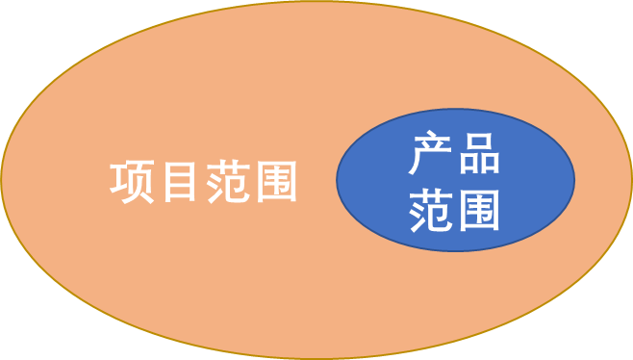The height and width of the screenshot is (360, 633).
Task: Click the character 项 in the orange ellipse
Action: (x=132, y=181)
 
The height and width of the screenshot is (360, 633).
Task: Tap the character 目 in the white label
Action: (x=180, y=181)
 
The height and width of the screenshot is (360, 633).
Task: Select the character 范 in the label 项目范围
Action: (x=227, y=181)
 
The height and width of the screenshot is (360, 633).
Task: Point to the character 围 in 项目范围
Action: (x=274, y=181)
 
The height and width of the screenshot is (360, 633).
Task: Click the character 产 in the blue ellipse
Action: (x=430, y=155)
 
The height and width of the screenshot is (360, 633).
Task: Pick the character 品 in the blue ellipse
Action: (x=478, y=155)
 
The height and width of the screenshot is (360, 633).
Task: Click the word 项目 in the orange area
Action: (x=156, y=181)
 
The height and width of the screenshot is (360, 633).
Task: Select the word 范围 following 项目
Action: (x=251, y=181)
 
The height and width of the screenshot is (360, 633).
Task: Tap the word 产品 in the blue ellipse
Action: (x=454, y=155)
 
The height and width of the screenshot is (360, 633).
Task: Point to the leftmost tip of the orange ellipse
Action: (x=2, y=180)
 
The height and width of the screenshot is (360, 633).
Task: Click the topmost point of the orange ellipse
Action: (x=316, y=2)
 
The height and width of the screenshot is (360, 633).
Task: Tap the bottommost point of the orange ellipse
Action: (x=316, y=358)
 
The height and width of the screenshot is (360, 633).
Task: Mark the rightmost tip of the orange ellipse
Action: (x=631, y=180)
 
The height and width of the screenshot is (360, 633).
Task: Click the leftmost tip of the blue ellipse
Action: (x=337, y=180)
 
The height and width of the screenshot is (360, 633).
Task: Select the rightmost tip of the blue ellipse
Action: (x=574, y=180)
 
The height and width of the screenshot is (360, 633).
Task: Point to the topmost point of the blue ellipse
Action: (x=455, y=110)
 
